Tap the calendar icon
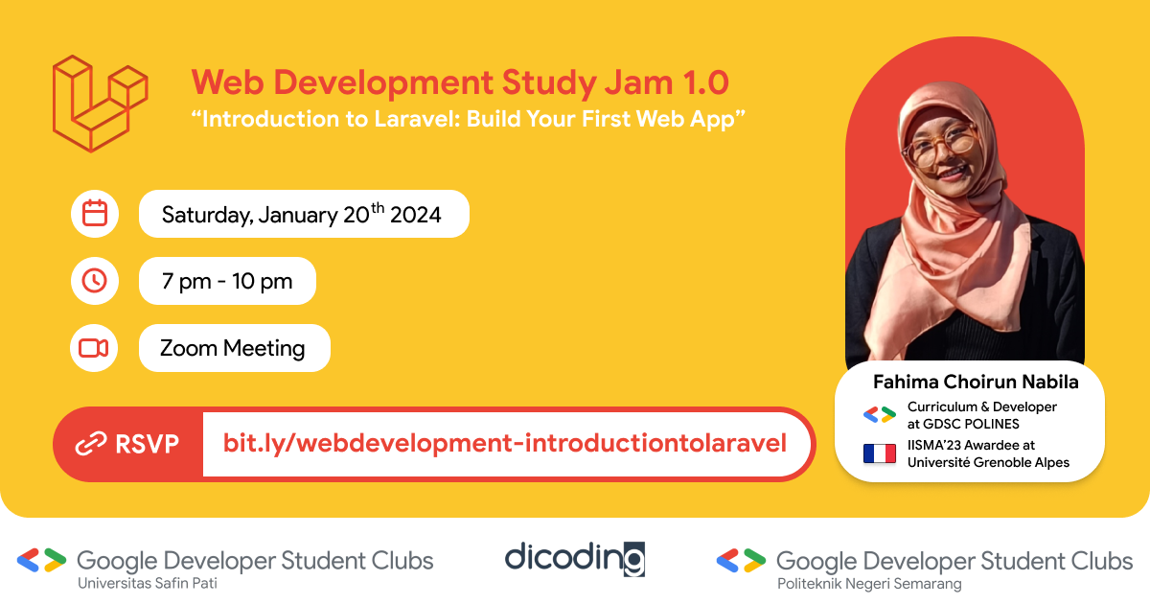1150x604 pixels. click(95, 214)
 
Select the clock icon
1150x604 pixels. click(95, 281)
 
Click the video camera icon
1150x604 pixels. click(94, 348)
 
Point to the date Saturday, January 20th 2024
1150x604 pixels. click(302, 215)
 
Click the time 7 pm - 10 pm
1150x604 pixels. click(227, 282)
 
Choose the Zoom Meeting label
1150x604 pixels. click(233, 348)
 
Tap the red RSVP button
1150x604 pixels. click(128, 444)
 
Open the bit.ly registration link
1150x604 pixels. click(505, 444)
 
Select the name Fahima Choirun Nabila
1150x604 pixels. click(976, 382)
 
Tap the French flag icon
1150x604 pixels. click(879, 453)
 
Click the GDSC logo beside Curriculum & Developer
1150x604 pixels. click(879, 415)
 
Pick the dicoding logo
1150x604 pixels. click(575, 558)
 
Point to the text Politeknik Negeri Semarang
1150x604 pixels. click(869, 583)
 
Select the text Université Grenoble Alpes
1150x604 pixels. click(988, 462)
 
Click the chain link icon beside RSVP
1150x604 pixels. click(91, 444)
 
